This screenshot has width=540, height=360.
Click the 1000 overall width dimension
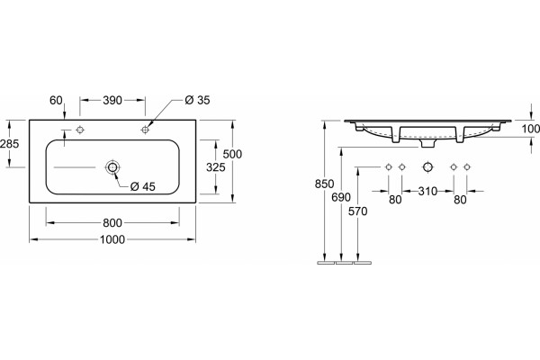coord(112,239)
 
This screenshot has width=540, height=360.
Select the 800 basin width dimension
coord(112,223)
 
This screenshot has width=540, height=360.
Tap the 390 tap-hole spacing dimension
coord(112,100)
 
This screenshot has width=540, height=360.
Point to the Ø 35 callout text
coord(197,100)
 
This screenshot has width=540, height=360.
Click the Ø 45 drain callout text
coord(143,186)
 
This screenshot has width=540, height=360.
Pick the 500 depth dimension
coord(232,154)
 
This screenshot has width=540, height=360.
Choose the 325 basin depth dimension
coord(216,167)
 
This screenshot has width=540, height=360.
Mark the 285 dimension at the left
coord(10,143)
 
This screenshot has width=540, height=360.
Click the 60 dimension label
coord(56,100)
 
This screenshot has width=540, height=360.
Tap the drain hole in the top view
coord(112,167)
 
